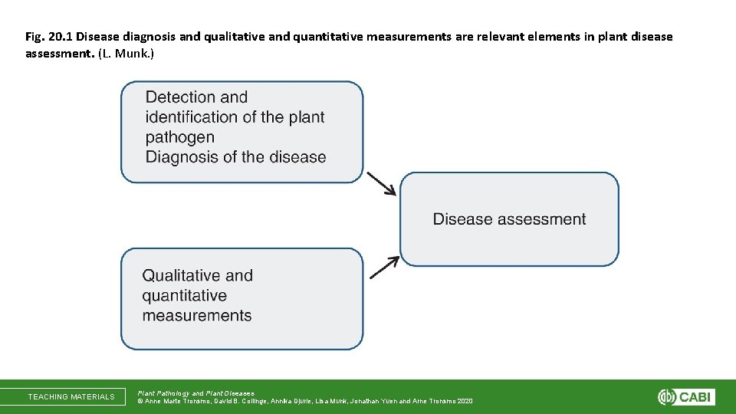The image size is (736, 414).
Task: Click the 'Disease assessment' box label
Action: [x=509, y=219]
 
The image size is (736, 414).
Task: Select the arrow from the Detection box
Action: [x=382, y=184]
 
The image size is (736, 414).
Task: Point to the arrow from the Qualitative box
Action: [x=384, y=267]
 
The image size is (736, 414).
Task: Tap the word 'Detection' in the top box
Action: [x=181, y=97]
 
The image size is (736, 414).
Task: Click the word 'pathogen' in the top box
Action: [x=180, y=138]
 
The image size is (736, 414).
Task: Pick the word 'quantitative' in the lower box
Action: [x=185, y=295]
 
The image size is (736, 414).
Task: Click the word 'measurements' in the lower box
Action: [x=197, y=315]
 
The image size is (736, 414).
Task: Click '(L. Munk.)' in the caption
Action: [x=127, y=54]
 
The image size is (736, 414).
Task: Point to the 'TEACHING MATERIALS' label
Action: [x=71, y=396]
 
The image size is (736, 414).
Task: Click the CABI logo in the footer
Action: [x=686, y=396]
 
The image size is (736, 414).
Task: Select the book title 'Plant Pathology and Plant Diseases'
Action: [x=195, y=393]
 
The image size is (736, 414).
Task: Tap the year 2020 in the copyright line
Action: [x=464, y=401]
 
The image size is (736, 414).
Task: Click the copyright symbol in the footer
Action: [x=140, y=401]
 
